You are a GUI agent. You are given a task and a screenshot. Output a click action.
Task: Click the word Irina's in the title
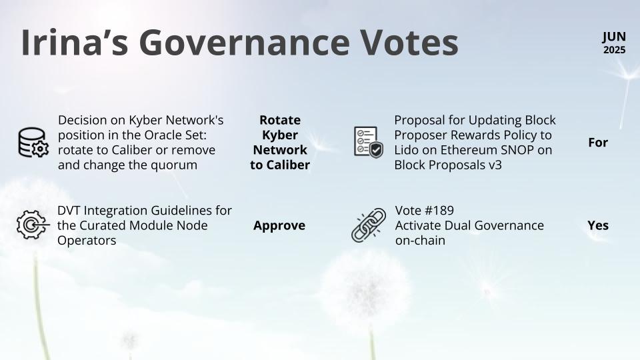75,42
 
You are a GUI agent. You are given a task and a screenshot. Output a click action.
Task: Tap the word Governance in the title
245,43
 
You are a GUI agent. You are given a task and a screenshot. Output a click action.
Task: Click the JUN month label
614,37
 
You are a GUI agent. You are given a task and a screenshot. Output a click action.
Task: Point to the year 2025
614,50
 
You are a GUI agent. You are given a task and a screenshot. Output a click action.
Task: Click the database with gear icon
33,143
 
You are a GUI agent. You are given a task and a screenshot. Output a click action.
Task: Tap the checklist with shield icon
369,142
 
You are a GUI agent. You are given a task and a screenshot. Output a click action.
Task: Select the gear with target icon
33,225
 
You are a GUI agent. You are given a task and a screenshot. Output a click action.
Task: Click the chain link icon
369,225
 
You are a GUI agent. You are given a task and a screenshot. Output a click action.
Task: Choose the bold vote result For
598,143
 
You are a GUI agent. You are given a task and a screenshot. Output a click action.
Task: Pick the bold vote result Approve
279,226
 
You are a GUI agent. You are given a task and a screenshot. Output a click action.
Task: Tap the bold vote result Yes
598,225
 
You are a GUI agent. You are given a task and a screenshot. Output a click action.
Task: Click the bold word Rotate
280,120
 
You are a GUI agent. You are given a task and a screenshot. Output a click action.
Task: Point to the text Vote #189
425,210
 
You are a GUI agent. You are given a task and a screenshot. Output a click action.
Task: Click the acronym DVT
69,210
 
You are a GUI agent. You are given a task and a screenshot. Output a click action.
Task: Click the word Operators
87,241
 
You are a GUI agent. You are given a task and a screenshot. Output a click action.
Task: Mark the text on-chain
420,241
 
